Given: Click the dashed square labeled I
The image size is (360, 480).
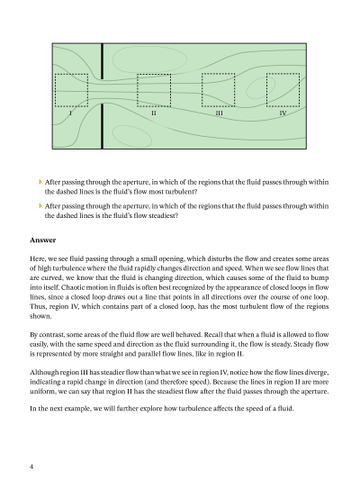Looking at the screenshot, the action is pyautogui.click(x=72, y=75).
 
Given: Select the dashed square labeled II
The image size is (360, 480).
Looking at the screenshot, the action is pyautogui.click(x=154, y=75).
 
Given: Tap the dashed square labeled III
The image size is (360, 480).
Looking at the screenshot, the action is pyautogui.click(x=219, y=74).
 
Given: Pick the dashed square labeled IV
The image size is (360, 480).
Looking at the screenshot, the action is pyautogui.click(x=283, y=74).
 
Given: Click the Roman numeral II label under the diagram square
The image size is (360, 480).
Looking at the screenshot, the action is pyautogui.click(x=154, y=113).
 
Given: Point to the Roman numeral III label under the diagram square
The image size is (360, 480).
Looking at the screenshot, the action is pyautogui.click(x=220, y=113).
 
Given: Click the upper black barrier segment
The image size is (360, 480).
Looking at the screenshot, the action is pyautogui.click(x=103, y=61).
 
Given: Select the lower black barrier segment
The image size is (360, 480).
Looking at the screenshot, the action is pyautogui.click(x=103, y=126).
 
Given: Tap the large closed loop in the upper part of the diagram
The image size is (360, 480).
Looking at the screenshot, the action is pyautogui.click(x=149, y=47).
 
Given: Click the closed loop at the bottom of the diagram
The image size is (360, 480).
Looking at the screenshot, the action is pyautogui.click(x=132, y=125).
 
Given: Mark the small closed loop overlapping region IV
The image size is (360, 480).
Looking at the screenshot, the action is pyautogui.click(x=261, y=77).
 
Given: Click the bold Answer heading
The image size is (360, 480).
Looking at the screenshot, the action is pyautogui.click(x=43, y=240).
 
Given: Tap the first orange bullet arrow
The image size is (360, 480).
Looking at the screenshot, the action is pyautogui.click(x=40, y=182).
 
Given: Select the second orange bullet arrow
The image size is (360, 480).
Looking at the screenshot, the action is pyautogui.click(x=40, y=205).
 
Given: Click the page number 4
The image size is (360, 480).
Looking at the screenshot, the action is pyautogui.click(x=31, y=466).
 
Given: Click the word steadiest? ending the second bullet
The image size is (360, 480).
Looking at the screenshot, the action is pyautogui.click(x=163, y=216).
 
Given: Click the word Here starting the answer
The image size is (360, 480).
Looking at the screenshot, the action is pyautogui.click(x=36, y=259).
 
